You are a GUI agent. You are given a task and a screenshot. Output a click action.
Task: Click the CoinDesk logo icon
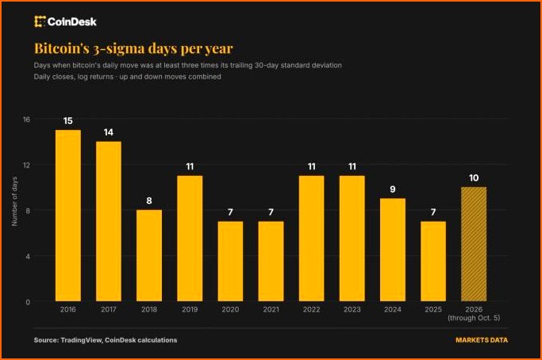point(40,21)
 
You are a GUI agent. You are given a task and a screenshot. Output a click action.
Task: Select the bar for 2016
point(68,216)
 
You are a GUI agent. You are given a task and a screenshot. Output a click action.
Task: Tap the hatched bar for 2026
point(474,244)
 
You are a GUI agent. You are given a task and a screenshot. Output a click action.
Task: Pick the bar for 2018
point(149,255)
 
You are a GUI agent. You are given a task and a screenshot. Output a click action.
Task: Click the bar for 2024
point(393,250)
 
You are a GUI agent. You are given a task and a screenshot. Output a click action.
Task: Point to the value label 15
point(68,121)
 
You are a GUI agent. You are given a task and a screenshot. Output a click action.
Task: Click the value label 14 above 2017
point(109,132)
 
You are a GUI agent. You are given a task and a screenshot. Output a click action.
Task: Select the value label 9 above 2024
point(393,189)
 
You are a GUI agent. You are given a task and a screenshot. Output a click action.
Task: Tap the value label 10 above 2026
point(474,178)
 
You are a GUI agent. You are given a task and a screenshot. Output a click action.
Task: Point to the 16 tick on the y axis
point(27,119)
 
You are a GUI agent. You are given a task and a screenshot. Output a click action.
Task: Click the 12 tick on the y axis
point(27,165)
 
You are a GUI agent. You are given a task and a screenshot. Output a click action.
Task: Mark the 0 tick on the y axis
point(28,302)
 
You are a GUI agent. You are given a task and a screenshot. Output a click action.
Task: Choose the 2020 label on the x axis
point(230,309)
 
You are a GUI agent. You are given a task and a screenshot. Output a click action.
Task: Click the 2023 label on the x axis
point(352,309)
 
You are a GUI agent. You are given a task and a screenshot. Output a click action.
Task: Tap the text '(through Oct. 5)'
point(474,318)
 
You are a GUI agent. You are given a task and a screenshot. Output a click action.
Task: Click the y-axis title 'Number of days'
point(14,201)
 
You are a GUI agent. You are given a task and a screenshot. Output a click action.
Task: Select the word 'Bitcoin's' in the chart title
point(62,48)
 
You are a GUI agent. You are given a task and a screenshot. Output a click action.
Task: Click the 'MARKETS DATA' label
point(482,340)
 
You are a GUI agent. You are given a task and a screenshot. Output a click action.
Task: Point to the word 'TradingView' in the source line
point(81,340)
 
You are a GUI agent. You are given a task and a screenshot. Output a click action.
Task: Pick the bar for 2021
point(271,261)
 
